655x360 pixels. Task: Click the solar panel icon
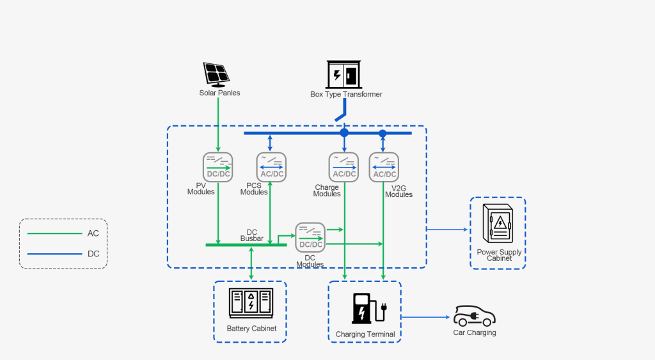coord(217,74)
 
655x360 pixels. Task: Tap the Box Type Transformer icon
coord(345,74)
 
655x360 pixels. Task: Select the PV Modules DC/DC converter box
coord(218,167)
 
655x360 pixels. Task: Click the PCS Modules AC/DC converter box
coord(271,167)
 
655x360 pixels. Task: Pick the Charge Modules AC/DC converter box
coord(344,167)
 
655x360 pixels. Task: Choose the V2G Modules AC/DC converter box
coord(384,167)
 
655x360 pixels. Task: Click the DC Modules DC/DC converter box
coord(310,237)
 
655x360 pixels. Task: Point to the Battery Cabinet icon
coord(251,303)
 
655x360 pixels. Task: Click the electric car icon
coord(475,316)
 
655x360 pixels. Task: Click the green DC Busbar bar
coord(246,244)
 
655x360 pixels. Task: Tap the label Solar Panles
coord(219,93)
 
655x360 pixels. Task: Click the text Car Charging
coord(475,333)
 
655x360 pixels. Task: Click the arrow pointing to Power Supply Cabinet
coord(447,229)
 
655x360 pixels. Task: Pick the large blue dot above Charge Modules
coord(344,132)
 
